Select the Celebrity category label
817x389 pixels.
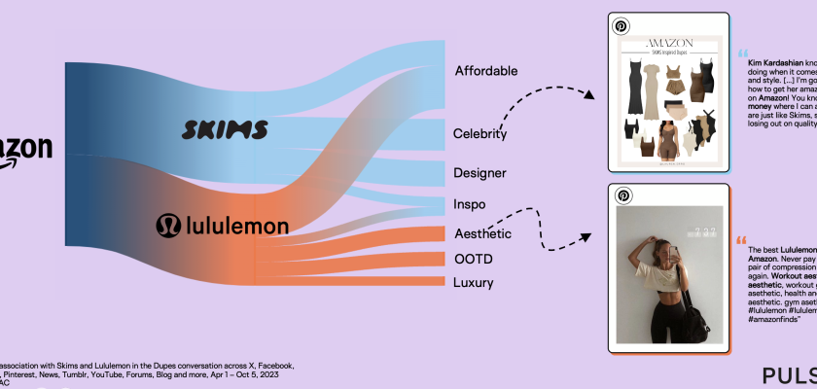coord(480,133)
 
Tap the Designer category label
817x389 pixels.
coord(480,173)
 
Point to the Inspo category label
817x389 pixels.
coord(470,205)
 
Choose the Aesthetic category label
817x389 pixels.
coord(482,233)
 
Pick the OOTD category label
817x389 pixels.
coord(473,259)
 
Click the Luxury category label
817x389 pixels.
coord(474,283)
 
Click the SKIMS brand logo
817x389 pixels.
coord(226,130)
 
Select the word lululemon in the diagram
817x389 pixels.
coord(237,227)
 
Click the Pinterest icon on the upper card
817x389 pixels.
coord(622,26)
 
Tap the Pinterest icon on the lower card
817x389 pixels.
coord(622,197)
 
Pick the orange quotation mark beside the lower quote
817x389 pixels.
coord(741,239)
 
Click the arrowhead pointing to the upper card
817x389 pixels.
coord(588,94)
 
